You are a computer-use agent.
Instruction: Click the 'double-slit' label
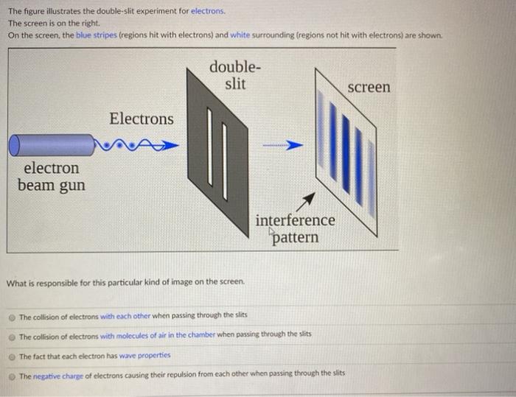coord(234,74)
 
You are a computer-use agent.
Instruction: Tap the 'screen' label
coord(369,87)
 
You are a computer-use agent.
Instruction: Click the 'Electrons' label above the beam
coord(142,119)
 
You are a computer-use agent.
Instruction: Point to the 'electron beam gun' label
coord(51,176)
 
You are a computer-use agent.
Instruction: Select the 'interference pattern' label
coord(295,228)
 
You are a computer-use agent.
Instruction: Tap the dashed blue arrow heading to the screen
coord(285,145)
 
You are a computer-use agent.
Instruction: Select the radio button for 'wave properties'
coord(12,356)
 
